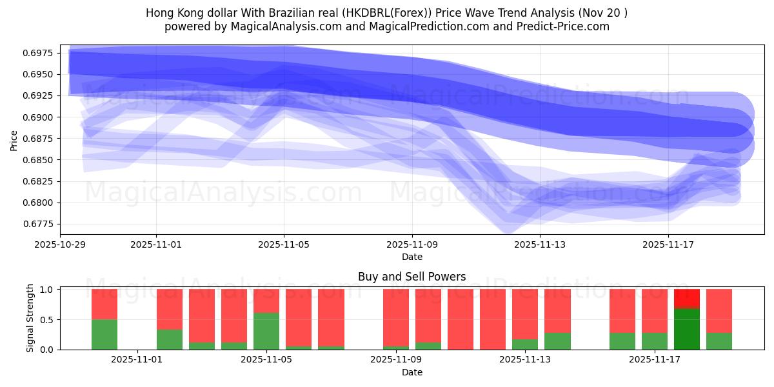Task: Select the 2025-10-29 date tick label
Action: (x=59, y=245)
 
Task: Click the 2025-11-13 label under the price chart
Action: (x=540, y=245)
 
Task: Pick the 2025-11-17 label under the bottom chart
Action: (x=655, y=360)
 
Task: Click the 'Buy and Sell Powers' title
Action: (x=412, y=277)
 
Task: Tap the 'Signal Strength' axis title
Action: (x=30, y=319)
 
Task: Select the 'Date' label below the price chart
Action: (x=412, y=257)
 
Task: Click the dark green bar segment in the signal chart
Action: (x=686, y=329)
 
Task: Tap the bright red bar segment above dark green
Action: (x=686, y=299)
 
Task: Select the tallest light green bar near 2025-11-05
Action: (x=266, y=331)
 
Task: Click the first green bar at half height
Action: (x=104, y=334)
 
